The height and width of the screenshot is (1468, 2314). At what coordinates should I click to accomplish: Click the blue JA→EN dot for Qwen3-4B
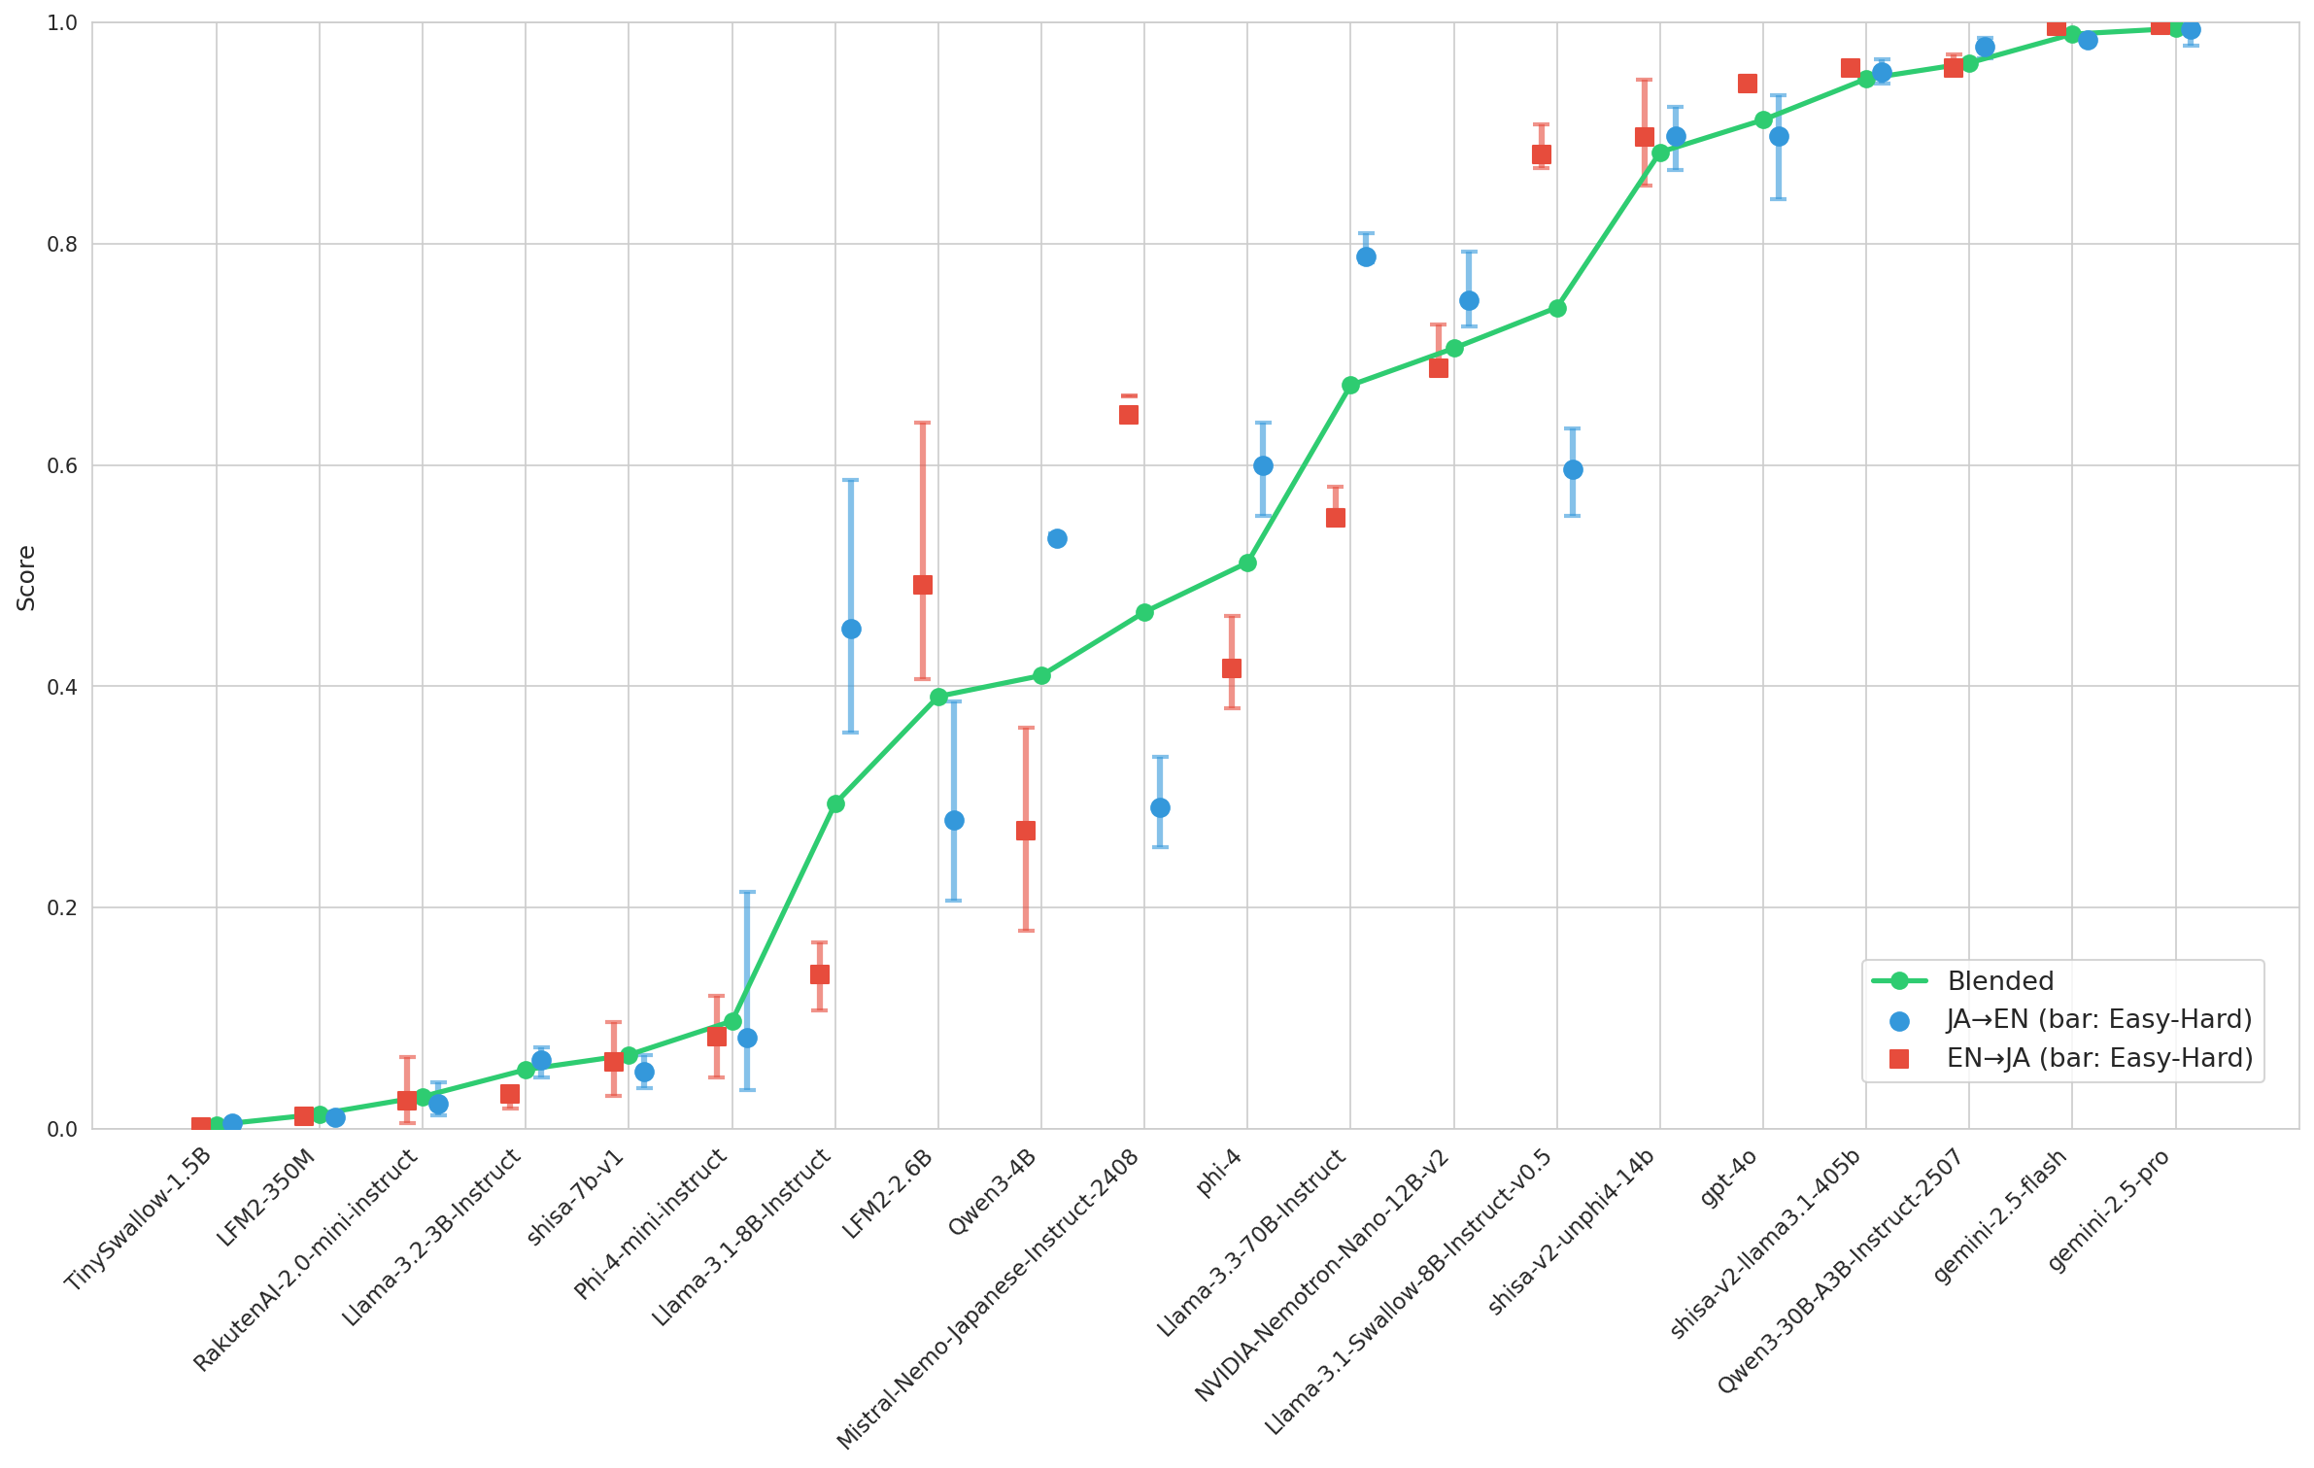(x=1057, y=538)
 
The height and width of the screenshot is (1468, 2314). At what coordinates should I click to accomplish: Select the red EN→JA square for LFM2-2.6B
(x=923, y=585)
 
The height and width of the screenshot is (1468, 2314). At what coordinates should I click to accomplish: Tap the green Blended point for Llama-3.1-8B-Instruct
(x=835, y=803)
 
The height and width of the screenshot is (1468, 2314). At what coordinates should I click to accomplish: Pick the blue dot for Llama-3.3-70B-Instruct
(x=1366, y=256)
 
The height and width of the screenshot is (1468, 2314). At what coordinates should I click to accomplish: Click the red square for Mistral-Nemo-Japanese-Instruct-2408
(x=1129, y=415)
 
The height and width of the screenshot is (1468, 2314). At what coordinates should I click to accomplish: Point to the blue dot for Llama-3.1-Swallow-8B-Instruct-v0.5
(x=1573, y=469)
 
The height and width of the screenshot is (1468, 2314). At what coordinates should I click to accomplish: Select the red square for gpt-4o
(x=1748, y=84)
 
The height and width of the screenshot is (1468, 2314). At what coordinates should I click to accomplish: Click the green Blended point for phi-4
(x=1247, y=563)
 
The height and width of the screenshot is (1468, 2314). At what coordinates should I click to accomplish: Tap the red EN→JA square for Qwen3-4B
(x=1026, y=831)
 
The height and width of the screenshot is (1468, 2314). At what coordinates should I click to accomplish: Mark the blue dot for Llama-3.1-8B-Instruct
(x=851, y=629)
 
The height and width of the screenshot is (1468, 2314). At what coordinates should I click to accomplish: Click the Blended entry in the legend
(x=2000, y=981)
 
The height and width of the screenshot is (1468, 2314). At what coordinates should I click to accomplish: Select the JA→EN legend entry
(x=2098, y=1019)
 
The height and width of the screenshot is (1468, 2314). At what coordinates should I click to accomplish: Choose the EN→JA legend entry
(x=2098, y=1058)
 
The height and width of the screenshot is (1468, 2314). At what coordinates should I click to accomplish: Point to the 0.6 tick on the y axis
(x=63, y=465)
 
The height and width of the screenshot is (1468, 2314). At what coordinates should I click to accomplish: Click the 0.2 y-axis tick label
(x=63, y=907)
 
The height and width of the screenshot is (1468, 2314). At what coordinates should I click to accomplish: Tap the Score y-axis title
(x=26, y=577)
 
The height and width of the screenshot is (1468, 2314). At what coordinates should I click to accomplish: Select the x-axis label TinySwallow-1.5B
(x=139, y=1220)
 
